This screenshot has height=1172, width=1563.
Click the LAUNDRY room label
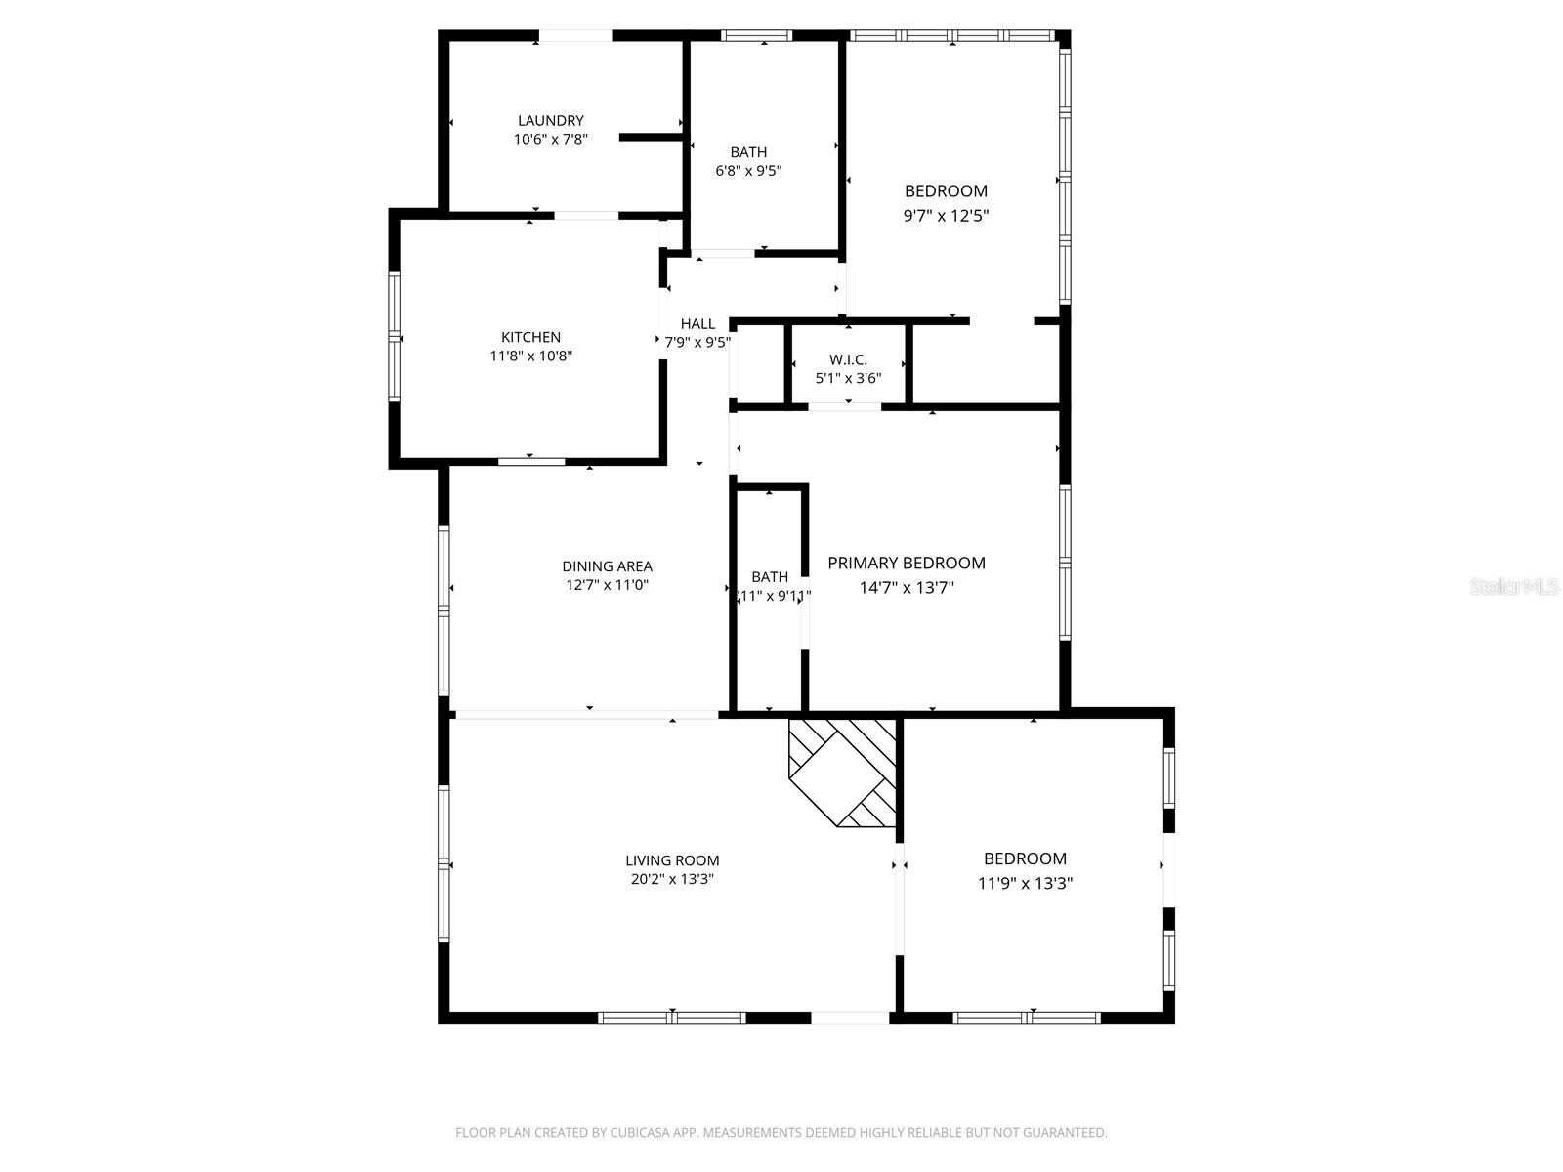pos(550,121)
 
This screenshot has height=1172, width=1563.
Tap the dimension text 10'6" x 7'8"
pos(550,140)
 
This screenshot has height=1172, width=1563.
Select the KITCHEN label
pos(530,337)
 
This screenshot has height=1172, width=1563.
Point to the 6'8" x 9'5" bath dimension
pos(748,171)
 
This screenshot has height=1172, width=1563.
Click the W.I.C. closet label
pos(848,360)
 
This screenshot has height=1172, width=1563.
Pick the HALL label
pos(697,324)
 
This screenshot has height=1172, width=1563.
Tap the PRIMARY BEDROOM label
pos(906,563)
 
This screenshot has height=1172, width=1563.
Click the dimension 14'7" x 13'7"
pos(906,588)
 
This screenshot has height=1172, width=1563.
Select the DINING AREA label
pos(607,566)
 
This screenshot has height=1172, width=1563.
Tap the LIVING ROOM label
pos(672,860)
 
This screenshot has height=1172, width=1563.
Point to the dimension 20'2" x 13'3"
pos(672,879)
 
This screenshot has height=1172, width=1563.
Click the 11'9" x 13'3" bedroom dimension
pos(1025,884)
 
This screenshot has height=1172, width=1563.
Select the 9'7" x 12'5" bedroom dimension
pos(946,216)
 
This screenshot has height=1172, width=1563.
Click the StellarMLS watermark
pos(1514,587)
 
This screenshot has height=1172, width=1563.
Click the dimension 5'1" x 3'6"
pos(848,378)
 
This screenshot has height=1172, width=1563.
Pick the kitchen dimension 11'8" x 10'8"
pos(530,356)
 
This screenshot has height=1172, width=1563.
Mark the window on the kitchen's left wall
pos(395,336)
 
